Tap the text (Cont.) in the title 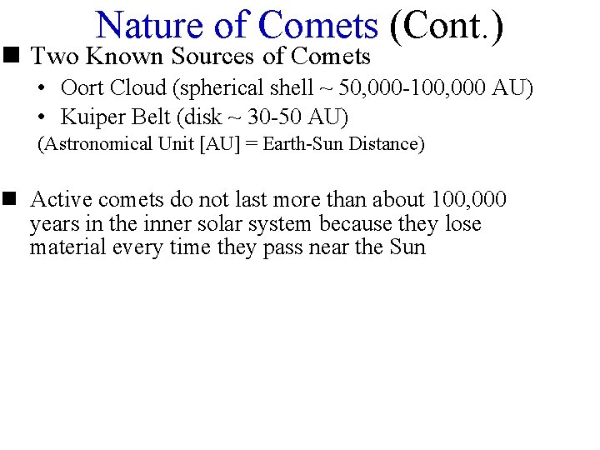coord(447,25)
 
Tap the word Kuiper coord(87,117)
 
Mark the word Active coord(61,200)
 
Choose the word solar coord(219,224)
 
